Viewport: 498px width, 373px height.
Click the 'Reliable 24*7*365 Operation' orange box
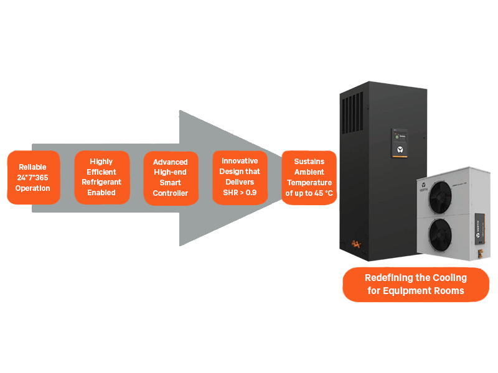pyautogui.click(x=33, y=178)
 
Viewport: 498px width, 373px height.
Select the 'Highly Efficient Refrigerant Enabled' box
pyautogui.click(x=101, y=177)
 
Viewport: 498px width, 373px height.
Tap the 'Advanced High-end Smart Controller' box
pyautogui.click(x=171, y=178)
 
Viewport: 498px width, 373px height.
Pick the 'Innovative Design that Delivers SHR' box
pyautogui.click(x=240, y=177)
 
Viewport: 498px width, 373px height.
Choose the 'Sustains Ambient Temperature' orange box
pyautogui.click(x=309, y=178)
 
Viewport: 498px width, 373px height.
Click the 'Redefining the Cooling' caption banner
pyautogui.click(x=415, y=284)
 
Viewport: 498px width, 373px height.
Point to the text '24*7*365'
pyautogui.click(x=32, y=178)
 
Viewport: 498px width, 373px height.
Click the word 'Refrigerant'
pyautogui.click(x=101, y=182)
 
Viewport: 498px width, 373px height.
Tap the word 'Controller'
pyautogui.click(x=171, y=193)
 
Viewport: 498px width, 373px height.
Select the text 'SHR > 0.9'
pyautogui.click(x=240, y=193)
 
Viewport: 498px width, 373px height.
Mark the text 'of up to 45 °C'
pyautogui.click(x=309, y=193)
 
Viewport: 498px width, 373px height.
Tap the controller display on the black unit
pyautogui.click(x=398, y=142)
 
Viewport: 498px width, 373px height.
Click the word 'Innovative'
pyautogui.click(x=240, y=161)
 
